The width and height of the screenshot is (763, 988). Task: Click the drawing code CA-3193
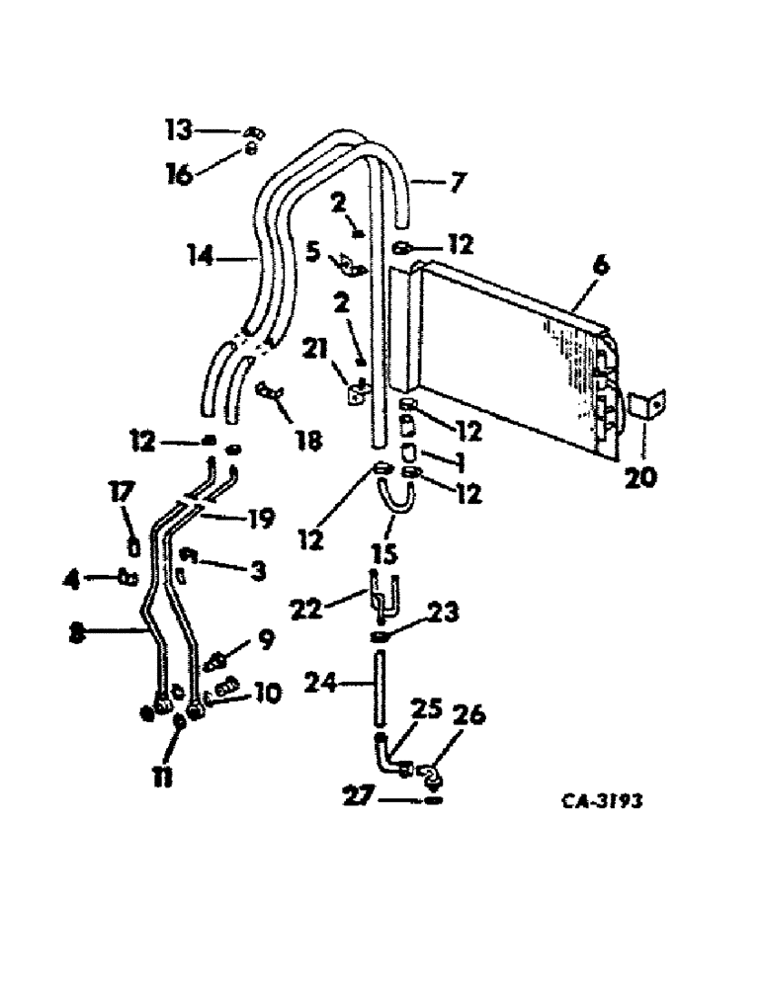pos(597,800)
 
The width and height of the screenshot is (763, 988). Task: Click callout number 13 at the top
pos(179,128)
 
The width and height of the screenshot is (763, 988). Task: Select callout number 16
pos(179,176)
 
